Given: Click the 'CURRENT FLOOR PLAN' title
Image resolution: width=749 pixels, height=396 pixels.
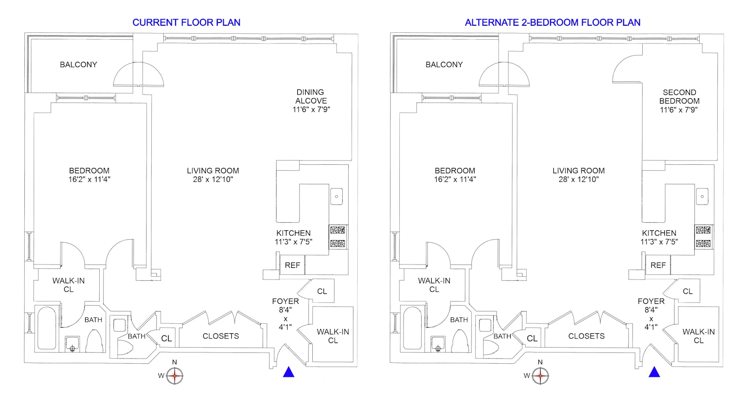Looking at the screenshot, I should point(186,22).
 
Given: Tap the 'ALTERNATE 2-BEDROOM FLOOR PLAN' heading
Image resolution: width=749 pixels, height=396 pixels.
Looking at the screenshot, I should point(552,22).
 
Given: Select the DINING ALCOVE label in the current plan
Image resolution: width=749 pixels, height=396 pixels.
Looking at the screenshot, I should point(311,96).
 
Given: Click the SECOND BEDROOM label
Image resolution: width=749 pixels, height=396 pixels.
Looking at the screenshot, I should point(679,96).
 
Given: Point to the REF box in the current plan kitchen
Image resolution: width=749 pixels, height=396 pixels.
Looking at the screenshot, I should point(292,265).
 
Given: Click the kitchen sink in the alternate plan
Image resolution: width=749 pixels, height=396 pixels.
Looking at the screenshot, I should point(702,197).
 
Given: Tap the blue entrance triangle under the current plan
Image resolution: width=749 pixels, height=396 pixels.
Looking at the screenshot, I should point(289,372).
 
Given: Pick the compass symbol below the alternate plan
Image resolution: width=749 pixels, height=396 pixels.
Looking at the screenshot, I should point(540,375).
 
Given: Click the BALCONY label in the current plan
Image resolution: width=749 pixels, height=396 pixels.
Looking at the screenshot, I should point(78,65).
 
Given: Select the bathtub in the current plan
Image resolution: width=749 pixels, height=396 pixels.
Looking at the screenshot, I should point(47,328).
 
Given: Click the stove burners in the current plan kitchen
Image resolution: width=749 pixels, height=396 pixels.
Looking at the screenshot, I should point(338,236).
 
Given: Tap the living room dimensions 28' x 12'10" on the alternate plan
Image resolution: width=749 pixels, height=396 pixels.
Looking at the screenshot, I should point(579,179).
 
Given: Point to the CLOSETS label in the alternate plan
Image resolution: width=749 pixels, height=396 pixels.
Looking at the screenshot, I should point(586,336).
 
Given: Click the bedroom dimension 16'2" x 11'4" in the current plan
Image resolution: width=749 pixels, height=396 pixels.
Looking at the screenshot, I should point(89,179).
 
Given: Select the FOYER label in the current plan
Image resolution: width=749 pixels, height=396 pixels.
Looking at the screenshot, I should point(285,301).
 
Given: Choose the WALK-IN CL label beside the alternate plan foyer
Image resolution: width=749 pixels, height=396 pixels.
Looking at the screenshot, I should point(698,336).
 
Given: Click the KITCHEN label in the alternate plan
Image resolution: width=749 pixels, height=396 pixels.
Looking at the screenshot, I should point(659,233).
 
